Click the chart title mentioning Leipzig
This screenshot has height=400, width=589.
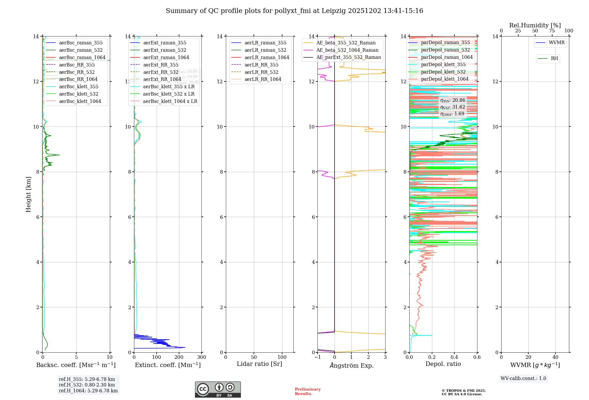pyautogui.click(x=294, y=11)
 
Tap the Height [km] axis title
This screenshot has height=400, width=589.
pyautogui.click(x=28, y=194)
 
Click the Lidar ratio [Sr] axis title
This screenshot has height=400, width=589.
pyautogui.click(x=259, y=364)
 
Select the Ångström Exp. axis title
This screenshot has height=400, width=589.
pyautogui.click(x=352, y=365)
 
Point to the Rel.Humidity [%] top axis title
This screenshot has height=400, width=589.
pyautogui.click(x=535, y=25)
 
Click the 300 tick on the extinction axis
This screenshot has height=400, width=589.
pyautogui.click(x=202, y=357)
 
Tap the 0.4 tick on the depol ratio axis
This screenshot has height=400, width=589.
pyautogui.click(x=454, y=357)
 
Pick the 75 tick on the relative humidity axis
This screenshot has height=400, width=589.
pyautogui.click(x=552, y=31)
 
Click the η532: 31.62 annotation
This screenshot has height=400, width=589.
pyautogui.click(x=453, y=107)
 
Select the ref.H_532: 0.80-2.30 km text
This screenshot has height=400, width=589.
pyautogui.click(x=87, y=385)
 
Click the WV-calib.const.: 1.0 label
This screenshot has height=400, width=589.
pyautogui.click(x=523, y=379)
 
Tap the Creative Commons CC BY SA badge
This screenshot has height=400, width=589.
pyautogui.click(x=218, y=389)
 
